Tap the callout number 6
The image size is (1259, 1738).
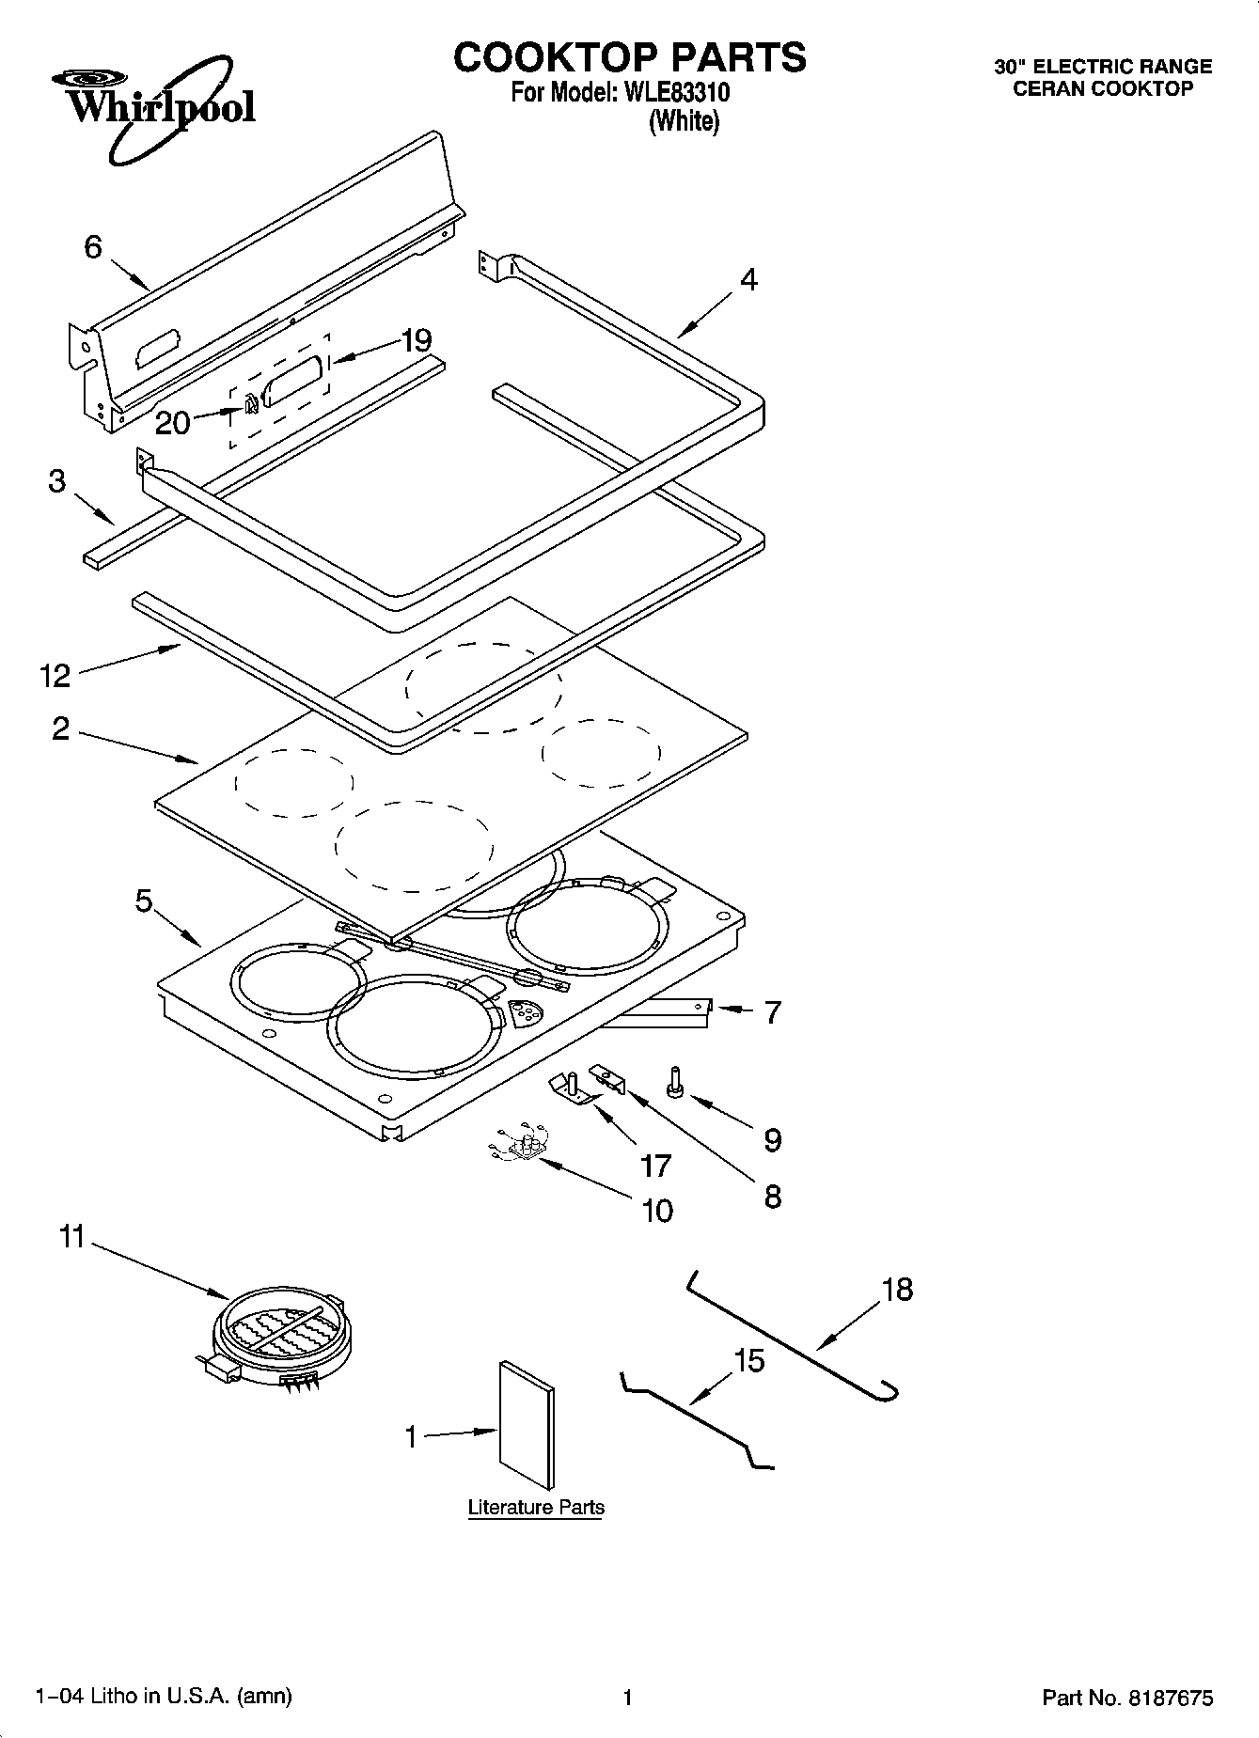pos(93,248)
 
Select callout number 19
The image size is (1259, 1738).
pos(416,340)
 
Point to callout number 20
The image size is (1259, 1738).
pos(172,423)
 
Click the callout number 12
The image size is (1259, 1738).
pos(55,675)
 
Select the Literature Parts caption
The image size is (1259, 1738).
pos(536,1508)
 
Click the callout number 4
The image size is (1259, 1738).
pos(748,280)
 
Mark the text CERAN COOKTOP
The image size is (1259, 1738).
pos(1103,89)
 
